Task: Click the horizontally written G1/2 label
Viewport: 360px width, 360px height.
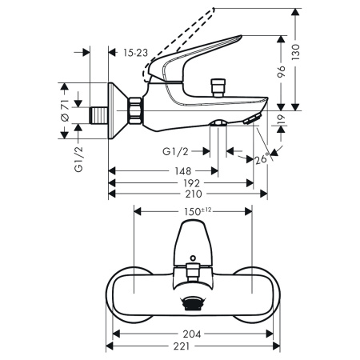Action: [175, 150]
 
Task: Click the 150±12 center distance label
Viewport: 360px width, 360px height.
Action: [194, 212]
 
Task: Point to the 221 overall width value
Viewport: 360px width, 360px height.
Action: [191, 346]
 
